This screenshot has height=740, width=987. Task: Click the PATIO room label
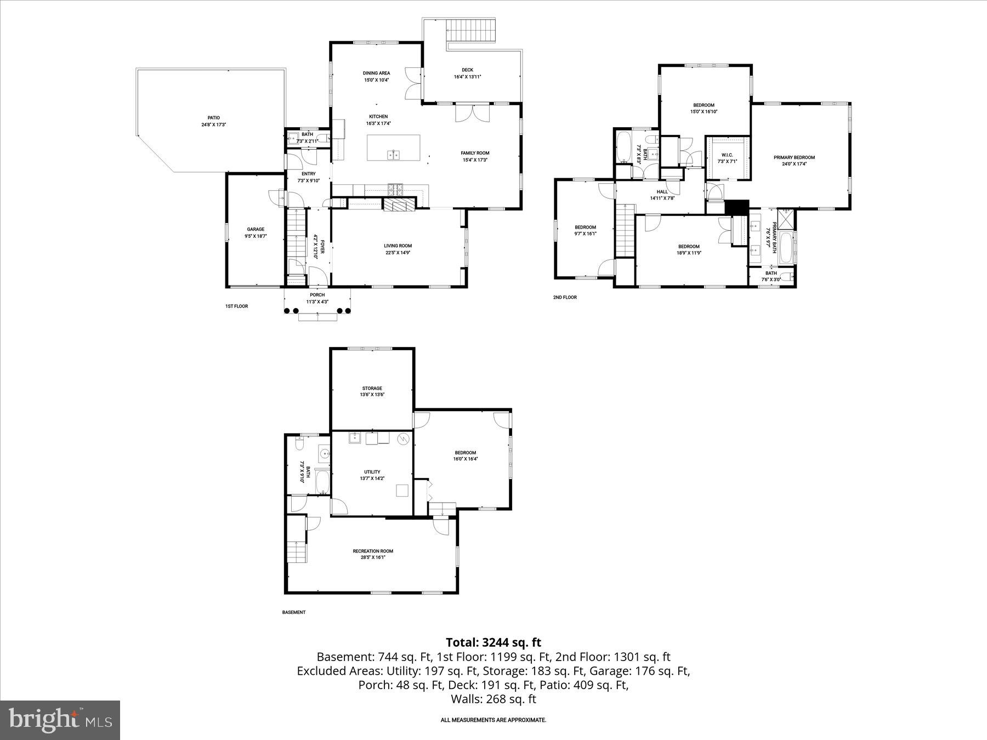213,118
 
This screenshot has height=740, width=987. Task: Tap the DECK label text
467,70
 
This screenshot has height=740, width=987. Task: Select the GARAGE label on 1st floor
256,229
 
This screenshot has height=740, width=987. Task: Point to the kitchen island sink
394,155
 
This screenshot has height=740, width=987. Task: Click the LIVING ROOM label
398,246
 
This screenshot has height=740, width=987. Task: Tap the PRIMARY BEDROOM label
794,157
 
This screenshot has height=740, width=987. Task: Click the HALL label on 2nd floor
662,192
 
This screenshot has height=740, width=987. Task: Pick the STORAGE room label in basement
372,388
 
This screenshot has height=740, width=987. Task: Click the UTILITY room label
372,472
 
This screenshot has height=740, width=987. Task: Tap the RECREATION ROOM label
373,551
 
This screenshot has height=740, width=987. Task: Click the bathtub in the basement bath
322,482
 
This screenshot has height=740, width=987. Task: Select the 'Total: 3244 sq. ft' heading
493,642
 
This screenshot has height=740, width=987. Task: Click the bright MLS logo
60,720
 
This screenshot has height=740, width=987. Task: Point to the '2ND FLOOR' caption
565,297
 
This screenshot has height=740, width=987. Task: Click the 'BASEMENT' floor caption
293,612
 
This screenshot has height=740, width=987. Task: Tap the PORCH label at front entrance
317,295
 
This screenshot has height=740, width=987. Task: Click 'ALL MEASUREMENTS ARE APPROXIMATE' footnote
493,720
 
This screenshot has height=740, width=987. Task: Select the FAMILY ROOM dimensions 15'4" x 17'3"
474,160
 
